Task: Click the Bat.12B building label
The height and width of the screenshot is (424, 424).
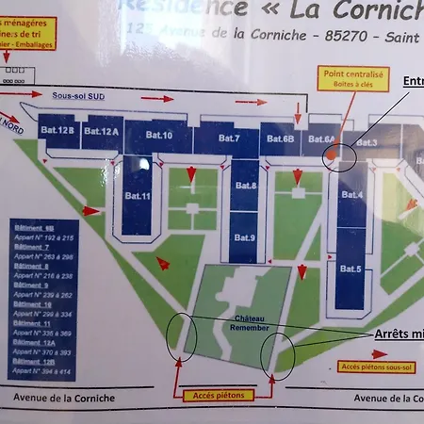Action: (58, 130)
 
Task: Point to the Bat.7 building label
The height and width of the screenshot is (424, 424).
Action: (231, 139)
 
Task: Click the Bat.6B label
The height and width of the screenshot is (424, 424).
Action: (281, 139)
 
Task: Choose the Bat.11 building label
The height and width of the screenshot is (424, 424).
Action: (138, 196)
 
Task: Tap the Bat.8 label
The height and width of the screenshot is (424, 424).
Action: (246, 186)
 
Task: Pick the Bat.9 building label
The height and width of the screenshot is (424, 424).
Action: (245, 236)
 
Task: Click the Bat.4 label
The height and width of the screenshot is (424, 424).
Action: (352, 195)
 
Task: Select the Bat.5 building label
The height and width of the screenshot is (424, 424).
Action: (351, 269)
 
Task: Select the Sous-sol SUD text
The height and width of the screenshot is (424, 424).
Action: (79, 95)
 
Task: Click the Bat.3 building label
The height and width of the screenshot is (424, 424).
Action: (367, 142)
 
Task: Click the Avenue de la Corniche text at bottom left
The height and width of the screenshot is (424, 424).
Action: (64, 399)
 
